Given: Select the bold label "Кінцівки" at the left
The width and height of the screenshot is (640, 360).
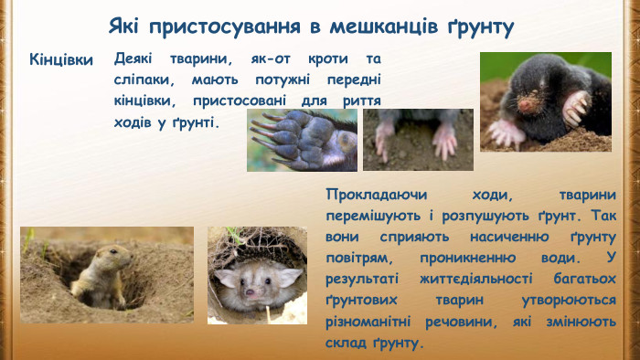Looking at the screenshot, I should (61, 60).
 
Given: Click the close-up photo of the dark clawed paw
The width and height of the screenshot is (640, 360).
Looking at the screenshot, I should (302, 140).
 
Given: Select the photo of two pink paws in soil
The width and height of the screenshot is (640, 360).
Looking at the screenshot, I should (418, 140).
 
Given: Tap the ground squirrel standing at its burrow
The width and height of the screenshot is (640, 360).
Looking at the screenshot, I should (99, 274).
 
